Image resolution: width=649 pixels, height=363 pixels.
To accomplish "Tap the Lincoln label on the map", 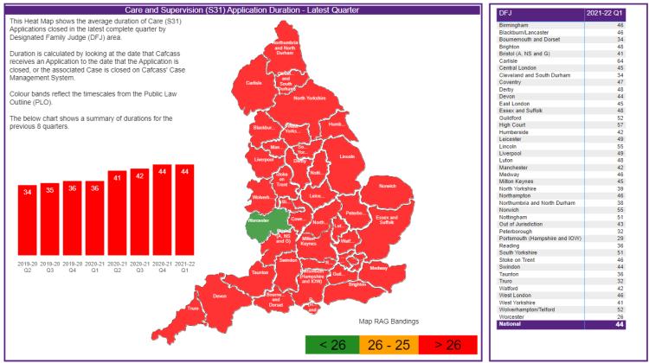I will click(x=347, y=156).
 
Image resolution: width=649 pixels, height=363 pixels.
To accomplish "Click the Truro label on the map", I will click(x=194, y=309).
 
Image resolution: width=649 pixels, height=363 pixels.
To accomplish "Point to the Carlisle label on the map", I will click(x=254, y=84).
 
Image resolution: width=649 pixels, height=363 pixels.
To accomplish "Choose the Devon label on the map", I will click(x=220, y=296).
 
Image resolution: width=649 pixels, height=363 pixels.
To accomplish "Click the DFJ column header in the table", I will click(x=505, y=13).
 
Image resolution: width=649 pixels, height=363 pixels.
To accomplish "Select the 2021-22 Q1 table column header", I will click(x=606, y=13).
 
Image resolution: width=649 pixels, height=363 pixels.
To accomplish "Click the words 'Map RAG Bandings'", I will click(x=389, y=322).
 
